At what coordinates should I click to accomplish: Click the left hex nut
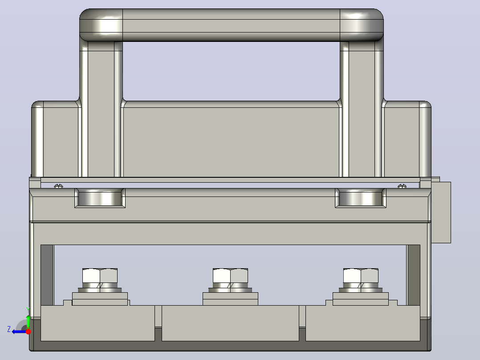(x=100, y=276)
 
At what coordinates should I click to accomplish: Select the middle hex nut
(x=230, y=276)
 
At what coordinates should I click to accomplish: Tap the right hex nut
(x=361, y=276)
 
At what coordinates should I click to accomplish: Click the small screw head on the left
(x=58, y=186)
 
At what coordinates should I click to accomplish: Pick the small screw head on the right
(x=402, y=186)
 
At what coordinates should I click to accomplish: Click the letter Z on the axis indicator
(x=9, y=329)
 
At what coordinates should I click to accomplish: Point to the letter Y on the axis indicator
(x=28, y=310)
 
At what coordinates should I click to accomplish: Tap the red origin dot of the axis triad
(x=28, y=331)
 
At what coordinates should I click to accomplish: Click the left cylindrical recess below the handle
(x=100, y=198)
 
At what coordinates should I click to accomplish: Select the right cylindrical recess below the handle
(x=361, y=198)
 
